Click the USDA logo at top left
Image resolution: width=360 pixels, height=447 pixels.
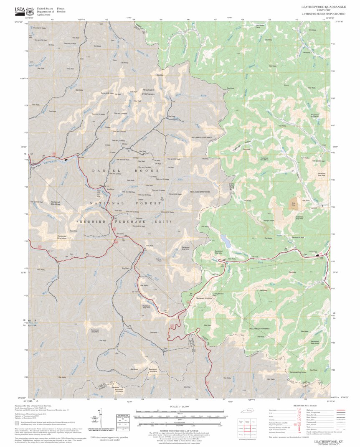[x=20, y=10]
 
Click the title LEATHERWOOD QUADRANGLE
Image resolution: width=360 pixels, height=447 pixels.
[x=323, y=7]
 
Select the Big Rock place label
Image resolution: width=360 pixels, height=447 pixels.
[x=126, y=268]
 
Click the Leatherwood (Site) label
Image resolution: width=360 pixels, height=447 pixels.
[x=218, y=294]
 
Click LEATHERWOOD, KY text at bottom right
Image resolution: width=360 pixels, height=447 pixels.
[x=329, y=441]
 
